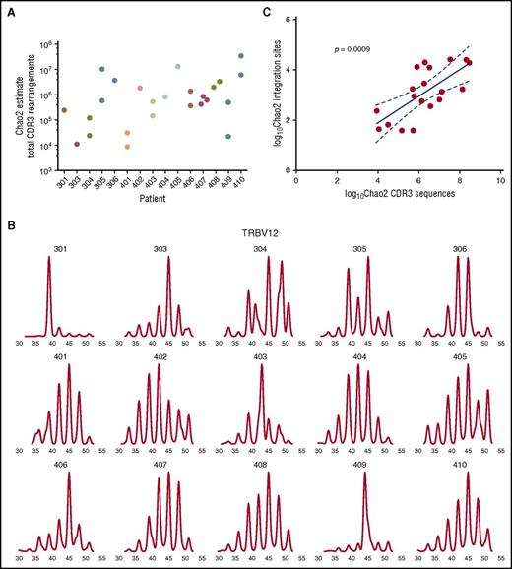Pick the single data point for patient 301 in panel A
coord(64,110)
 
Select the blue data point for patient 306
coord(114,81)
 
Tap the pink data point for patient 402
coord(140,89)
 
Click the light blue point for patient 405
coord(177,67)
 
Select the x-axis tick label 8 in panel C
coord(459,181)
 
